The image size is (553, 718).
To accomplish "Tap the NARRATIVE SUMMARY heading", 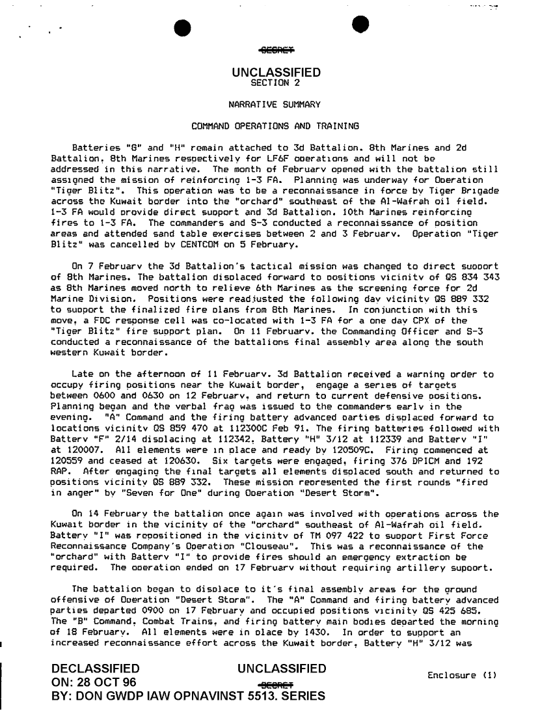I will pos(276,104).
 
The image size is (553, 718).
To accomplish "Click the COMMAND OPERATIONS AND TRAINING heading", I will pos(276,126).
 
